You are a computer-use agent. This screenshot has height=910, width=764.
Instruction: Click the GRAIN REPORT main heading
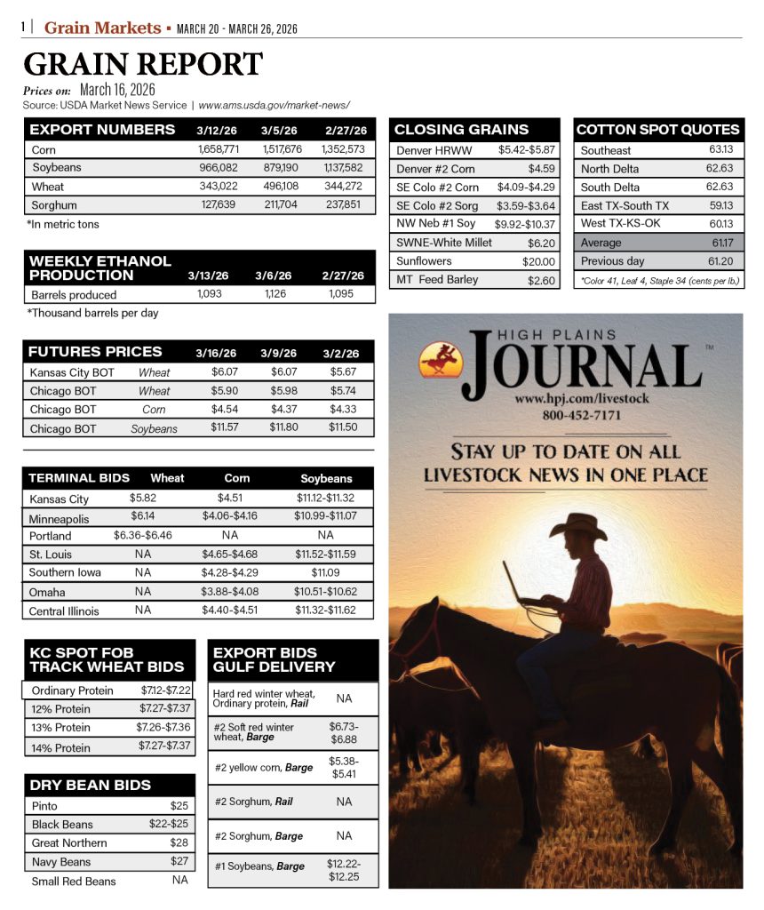pyautogui.click(x=143, y=65)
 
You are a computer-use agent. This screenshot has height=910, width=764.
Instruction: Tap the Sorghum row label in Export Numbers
pyautogui.click(x=56, y=204)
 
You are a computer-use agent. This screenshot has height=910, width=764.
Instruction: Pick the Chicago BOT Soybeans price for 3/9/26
pyautogui.click(x=284, y=428)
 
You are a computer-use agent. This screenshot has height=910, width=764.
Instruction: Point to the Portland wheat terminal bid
pyautogui.click(x=142, y=536)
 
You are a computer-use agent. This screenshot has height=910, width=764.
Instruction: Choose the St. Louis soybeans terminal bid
pyautogui.click(x=325, y=555)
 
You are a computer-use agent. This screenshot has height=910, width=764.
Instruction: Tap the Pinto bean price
pyautogui.click(x=179, y=806)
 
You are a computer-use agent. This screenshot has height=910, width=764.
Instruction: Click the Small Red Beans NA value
pyautogui.click(x=180, y=880)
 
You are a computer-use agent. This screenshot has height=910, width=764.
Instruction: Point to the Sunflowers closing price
pyautogui.click(x=538, y=261)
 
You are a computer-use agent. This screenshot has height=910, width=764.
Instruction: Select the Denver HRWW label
pyautogui.click(x=434, y=150)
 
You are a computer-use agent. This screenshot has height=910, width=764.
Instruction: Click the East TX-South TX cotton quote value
pyautogui.click(x=720, y=205)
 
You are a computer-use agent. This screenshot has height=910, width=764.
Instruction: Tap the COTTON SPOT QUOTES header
pyautogui.click(x=658, y=130)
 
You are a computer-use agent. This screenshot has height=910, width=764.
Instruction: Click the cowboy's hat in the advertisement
pyautogui.click(x=578, y=527)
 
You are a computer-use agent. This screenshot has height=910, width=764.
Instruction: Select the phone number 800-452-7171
pyautogui.click(x=581, y=416)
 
